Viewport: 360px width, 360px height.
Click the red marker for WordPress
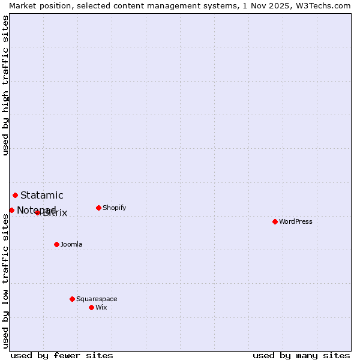point(275,221)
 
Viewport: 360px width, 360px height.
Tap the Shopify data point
point(98,208)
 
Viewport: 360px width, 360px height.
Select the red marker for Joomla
point(56,244)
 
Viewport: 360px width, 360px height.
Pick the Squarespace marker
point(72,299)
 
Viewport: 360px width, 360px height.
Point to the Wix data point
point(91,307)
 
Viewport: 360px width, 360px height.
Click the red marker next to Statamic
point(15,195)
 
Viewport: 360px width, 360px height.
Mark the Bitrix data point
point(37,212)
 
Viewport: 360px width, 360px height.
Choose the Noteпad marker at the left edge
point(11,210)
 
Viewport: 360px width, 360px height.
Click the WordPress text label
point(295,221)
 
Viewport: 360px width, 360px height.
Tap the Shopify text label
point(114,208)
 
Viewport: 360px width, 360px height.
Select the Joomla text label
point(71,244)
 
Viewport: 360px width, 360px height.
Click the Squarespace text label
point(97,299)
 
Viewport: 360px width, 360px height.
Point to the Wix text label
point(101,307)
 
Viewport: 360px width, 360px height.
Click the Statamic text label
point(42,195)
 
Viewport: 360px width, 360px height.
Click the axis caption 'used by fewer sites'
point(62,355)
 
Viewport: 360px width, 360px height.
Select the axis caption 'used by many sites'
point(301,355)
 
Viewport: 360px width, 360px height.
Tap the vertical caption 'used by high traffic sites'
point(5,85)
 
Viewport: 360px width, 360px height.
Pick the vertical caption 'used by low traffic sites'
point(5,281)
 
